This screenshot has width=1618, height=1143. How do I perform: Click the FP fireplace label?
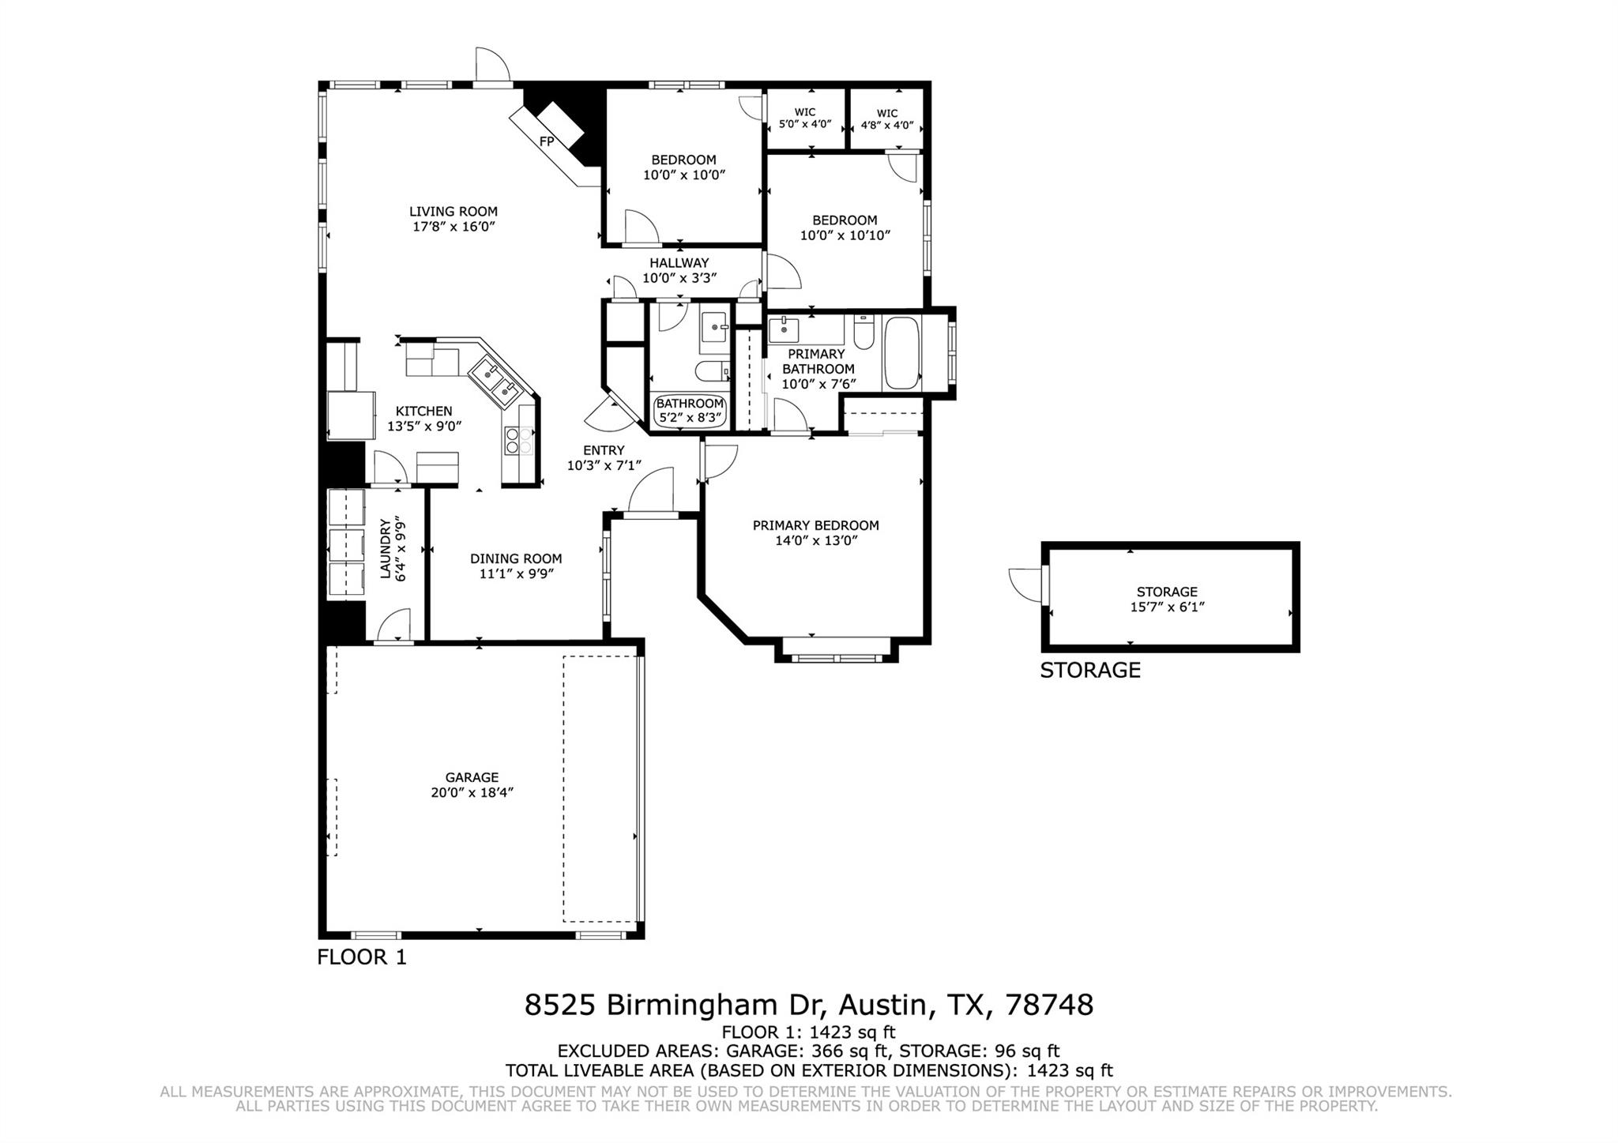click(x=546, y=141)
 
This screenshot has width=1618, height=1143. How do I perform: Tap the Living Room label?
click(x=453, y=211)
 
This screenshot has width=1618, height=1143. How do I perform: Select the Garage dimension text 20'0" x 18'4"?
click(x=472, y=792)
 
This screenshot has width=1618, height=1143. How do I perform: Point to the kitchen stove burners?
click(x=518, y=440)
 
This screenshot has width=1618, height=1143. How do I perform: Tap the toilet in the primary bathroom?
click(x=863, y=330)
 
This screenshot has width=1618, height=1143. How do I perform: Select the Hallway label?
click(x=679, y=262)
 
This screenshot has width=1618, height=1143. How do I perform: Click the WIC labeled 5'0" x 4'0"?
click(x=805, y=118)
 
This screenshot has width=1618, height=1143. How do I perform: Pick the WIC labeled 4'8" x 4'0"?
click(x=887, y=119)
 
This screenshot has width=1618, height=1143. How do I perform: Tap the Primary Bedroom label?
click(x=815, y=525)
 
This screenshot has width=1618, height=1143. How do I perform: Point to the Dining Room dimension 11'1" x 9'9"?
click(x=517, y=573)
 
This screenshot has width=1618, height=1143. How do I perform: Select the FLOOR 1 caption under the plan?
click(x=362, y=957)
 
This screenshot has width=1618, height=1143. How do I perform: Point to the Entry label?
click(x=604, y=450)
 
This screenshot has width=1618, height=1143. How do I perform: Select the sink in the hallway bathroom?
click(x=716, y=325)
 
